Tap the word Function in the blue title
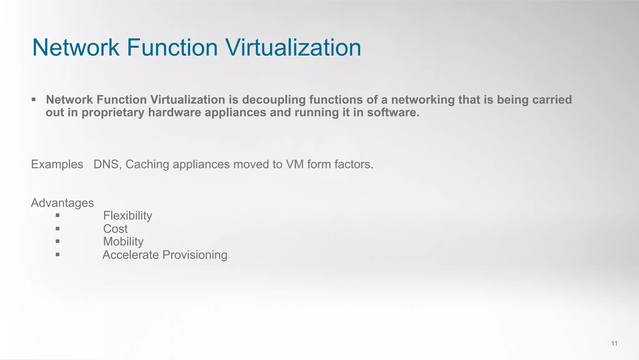coord(172,47)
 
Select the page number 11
coord(614,343)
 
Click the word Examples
coord(57,164)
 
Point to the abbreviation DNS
coord(106,164)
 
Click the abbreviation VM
coord(295,164)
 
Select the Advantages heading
coord(62,203)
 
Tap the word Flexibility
coord(128,215)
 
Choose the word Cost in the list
coord(115,229)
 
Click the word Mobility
coord(123,242)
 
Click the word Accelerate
coord(131,255)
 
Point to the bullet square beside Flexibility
coord(57,215)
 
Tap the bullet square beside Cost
coord(57,229)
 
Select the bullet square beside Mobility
coord(57,241)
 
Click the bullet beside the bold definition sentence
coord(33,100)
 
